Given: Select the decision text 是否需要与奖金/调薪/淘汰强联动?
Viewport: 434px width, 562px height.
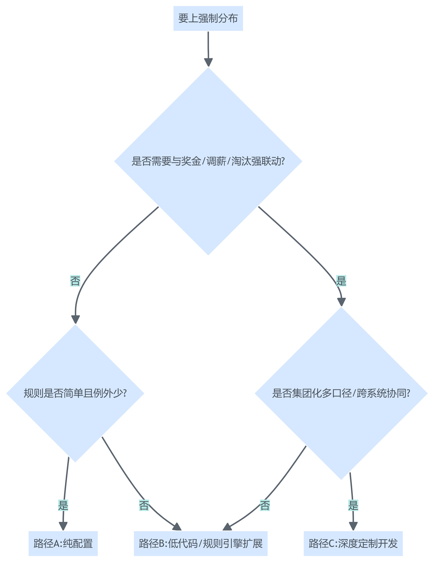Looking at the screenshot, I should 208,161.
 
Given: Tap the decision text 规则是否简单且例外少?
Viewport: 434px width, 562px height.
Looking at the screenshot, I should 75,393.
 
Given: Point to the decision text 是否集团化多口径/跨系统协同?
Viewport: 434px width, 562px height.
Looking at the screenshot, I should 341,393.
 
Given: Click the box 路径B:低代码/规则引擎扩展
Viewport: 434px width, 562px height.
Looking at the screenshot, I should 201,543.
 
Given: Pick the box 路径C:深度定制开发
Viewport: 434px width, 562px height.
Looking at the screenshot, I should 353,543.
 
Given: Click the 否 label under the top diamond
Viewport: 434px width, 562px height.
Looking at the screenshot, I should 75,281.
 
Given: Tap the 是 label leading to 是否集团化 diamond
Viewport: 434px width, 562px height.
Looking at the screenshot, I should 341,281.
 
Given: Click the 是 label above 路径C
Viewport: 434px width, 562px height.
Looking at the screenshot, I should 353,505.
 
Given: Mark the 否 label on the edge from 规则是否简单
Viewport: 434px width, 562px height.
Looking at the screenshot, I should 144,505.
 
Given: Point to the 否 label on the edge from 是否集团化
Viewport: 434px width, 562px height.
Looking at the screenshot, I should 265,505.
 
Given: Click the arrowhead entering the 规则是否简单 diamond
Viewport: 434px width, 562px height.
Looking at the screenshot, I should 75,319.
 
